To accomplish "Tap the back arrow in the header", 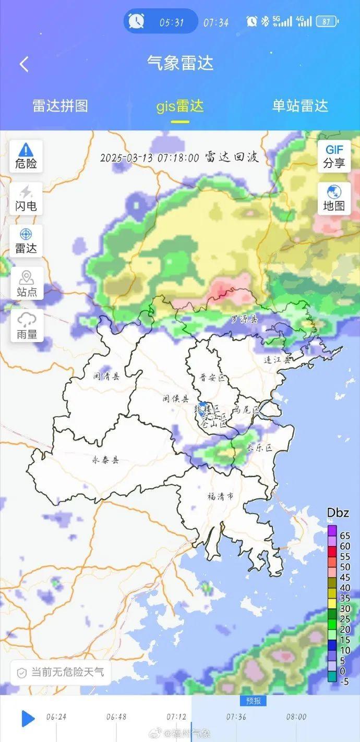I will pyautogui.click(x=24, y=64).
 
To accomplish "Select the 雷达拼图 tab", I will pyautogui.click(x=60, y=106).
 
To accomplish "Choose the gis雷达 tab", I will pyautogui.click(x=180, y=106).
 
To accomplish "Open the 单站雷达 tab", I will pyautogui.click(x=300, y=106).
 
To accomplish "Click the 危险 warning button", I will pyautogui.click(x=26, y=156).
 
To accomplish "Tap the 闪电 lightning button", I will pyautogui.click(x=26, y=199).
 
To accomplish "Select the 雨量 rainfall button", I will pyautogui.click(x=27, y=326).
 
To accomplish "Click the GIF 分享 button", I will pyautogui.click(x=334, y=156).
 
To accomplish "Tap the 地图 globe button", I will pyautogui.click(x=334, y=198).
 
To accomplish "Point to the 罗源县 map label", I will pyautogui.click(x=245, y=319).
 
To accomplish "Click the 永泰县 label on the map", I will pyautogui.click(x=105, y=460).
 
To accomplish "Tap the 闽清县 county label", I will pyautogui.click(x=106, y=376).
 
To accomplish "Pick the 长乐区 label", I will pyautogui.click(x=260, y=447).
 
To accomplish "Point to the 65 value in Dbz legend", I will pyautogui.click(x=345, y=536).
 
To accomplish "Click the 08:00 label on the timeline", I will pyautogui.click(x=296, y=717).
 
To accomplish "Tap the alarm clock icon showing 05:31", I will pyautogui.click(x=137, y=22).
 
